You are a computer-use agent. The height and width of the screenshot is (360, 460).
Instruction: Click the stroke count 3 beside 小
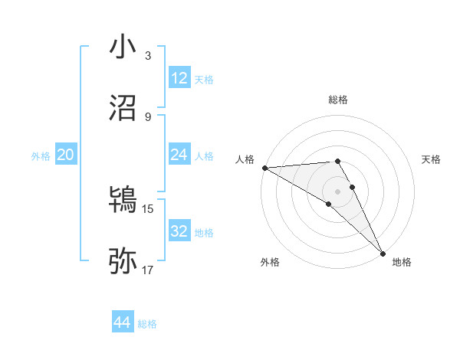click(x=148, y=56)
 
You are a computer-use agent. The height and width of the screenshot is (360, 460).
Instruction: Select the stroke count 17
click(x=148, y=270)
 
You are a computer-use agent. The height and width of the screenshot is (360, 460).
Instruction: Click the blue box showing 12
click(x=179, y=78)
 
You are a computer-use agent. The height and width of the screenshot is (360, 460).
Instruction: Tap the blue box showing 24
click(x=179, y=155)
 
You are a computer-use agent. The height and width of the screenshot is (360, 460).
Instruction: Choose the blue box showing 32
click(x=179, y=231)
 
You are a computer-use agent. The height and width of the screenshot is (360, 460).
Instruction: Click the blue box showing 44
click(x=123, y=322)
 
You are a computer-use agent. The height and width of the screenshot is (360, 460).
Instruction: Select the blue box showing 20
click(x=66, y=155)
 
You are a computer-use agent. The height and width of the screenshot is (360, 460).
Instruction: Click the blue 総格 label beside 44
click(x=147, y=324)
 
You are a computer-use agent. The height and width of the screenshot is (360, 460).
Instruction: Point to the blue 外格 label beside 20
click(x=41, y=156)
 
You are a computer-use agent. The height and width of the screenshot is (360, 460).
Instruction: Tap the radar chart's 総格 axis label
click(x=338, y=100)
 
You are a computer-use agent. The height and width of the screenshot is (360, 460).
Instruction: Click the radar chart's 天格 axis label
click(x=432, y=159)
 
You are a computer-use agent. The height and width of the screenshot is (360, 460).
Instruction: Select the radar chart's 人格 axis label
click(x=244, y=159)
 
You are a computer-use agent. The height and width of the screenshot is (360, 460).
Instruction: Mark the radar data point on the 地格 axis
click(x=383, y=252)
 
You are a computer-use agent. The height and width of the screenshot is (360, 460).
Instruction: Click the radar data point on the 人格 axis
click(x=264, y=168)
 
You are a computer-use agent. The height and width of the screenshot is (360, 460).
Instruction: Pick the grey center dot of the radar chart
click(x=338, y=191)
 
